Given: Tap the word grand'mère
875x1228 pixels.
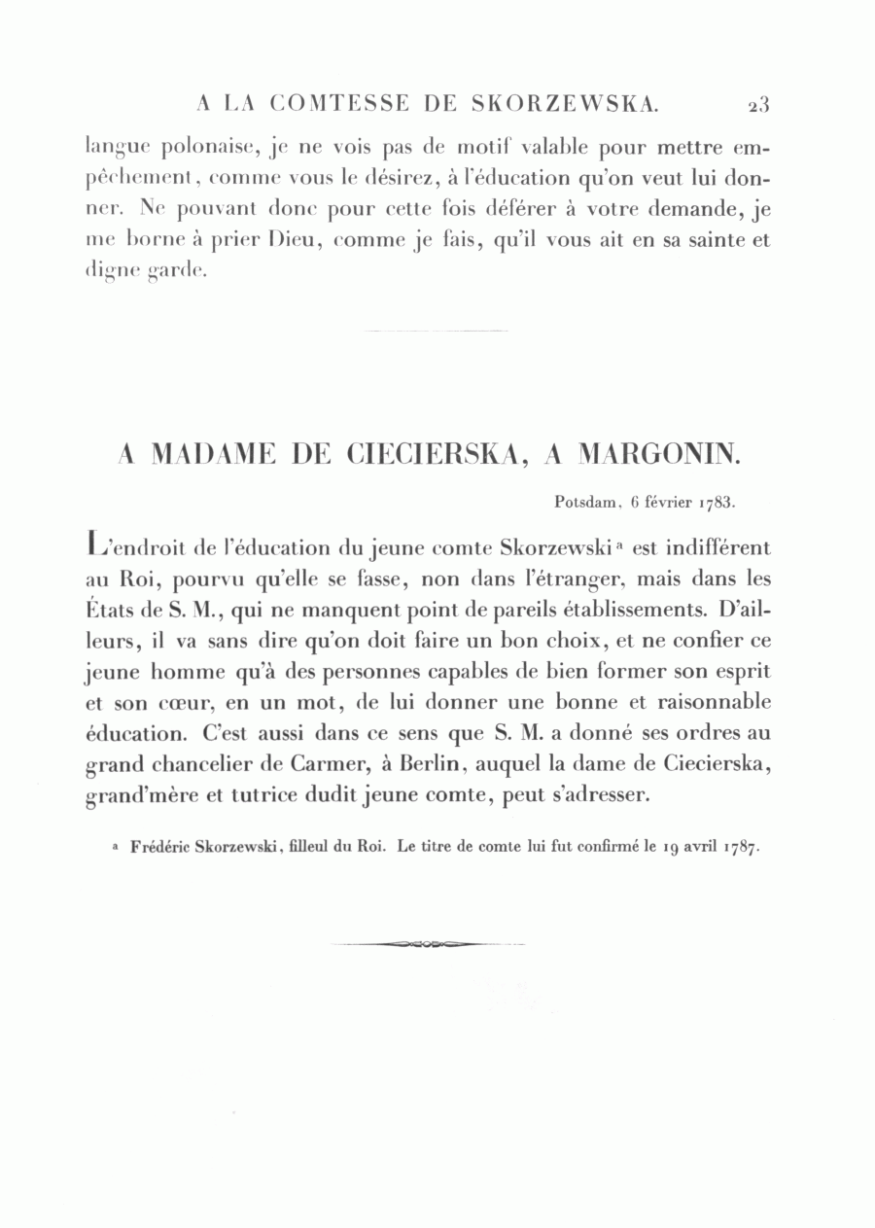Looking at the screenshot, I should point(137,797).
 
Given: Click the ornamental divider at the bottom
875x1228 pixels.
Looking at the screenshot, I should point(428,944).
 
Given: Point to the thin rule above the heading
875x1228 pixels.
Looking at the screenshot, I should point(435,333).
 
